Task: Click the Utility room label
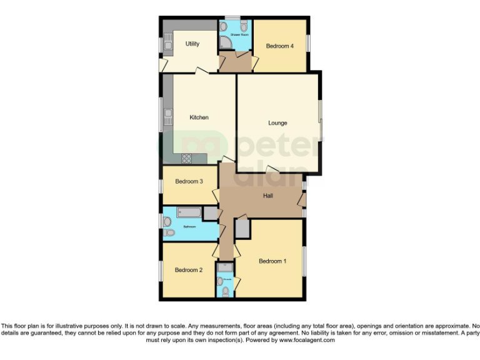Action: click(x=192, y=44)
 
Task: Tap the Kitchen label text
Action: click(x=199, y=117)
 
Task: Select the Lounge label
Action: click(x=277, y=123)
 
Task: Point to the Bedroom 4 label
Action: click(x=279, y=46)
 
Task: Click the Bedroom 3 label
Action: click(x=189, y=182)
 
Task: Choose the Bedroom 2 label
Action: click(x=189, y=270)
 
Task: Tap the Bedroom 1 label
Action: click(x=272, y=261)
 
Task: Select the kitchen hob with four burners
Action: click(x=186, y=158)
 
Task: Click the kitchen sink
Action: click(x=168, y=116)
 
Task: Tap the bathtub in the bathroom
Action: click(x=190, y=212)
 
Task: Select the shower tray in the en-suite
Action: click(x=225, y=267)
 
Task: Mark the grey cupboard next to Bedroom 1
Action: click(x=242, y=229)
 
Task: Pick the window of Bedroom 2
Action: click(x=161, y=270)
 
